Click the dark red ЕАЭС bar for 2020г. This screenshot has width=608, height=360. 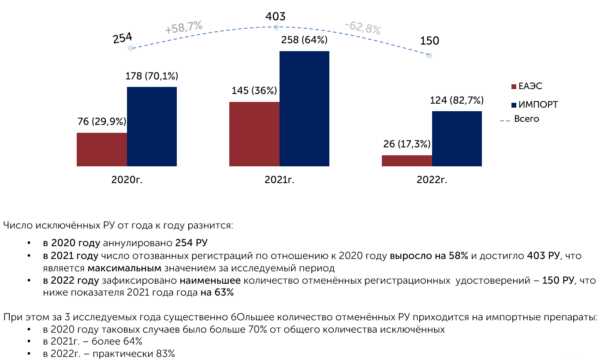click(102, 149)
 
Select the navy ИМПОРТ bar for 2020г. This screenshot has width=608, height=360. click(152, 126)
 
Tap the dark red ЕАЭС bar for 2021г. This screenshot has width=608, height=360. click(254, 134)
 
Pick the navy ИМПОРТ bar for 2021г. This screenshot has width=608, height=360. click(304, 109)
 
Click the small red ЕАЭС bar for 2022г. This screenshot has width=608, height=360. click(407, 161)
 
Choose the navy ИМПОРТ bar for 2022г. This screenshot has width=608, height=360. click(457, 139)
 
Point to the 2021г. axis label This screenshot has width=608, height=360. click(279, 180)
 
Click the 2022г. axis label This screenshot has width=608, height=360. click(432, 180)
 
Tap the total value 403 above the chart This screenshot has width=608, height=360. click(276, 17)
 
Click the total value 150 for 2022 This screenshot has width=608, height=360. click(429, 41)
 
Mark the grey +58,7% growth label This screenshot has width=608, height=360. click(183, 28)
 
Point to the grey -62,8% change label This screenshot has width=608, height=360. click(362, 28)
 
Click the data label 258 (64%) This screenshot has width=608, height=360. click(304, 40)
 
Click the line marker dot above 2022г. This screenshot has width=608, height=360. click(429, 56)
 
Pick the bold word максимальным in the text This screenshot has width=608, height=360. click(125, 268)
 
